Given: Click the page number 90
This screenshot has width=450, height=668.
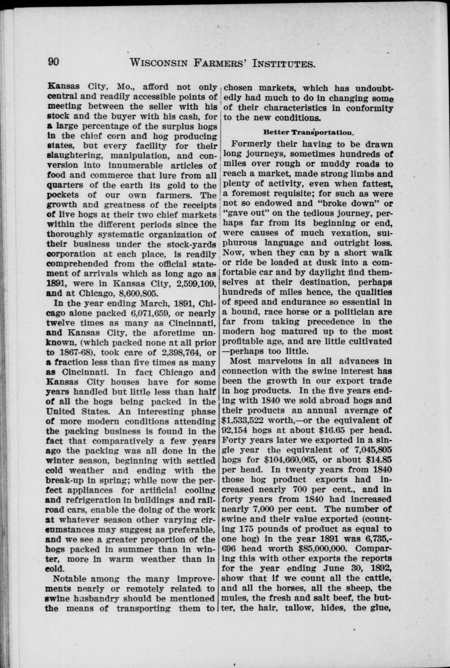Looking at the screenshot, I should point(53,62).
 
